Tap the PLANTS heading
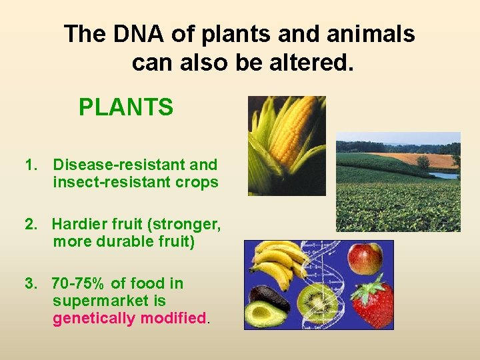(126, 107)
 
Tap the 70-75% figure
(79, 283)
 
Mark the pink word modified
(173, 318)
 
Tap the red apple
(365, 259)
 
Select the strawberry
(372, 303)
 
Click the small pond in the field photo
(443, 175)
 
